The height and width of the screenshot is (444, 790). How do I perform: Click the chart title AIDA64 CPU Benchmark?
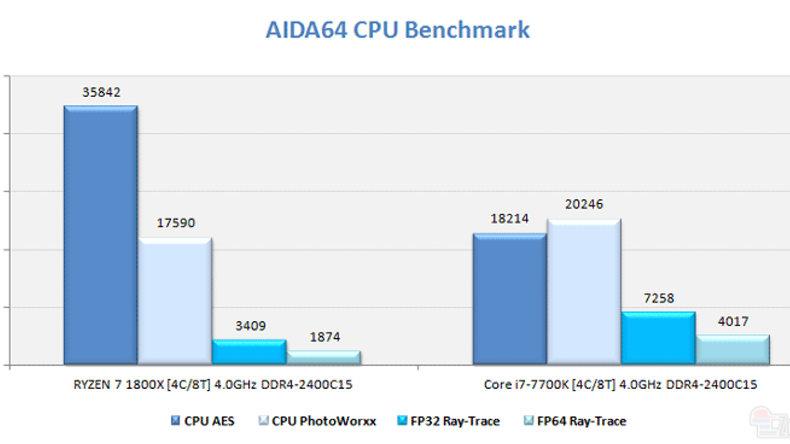click(x=397, y=30)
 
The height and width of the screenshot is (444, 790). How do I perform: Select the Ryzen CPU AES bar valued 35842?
click(x=101, y=235)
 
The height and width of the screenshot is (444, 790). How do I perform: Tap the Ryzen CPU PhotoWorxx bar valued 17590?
click(x=175, y=301)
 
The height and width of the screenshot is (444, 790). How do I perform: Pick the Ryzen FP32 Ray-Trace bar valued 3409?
click(x=249, y=352)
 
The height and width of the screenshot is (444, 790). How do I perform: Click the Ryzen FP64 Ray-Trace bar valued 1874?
click(x=324, y=358)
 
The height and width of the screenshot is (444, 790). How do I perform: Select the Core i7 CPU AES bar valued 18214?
click(x=510, y=299)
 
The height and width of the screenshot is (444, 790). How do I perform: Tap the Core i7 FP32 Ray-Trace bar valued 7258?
click(x=659, y=338)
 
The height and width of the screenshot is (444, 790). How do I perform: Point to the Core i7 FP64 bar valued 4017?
click(x=733, y=350)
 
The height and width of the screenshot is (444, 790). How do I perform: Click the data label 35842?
click(x=101, y=92)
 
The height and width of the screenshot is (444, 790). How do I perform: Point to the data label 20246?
click(x=584, y=204)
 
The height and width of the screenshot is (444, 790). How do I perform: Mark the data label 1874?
click(x=325, y=337)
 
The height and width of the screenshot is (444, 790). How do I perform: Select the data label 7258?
click(x=659, y=298)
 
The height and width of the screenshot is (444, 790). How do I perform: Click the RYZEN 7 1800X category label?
click(x=213, y=385)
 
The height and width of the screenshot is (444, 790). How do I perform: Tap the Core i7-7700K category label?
click(x=620, y=385)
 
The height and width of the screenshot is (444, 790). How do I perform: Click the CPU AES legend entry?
click(x=203, y=421)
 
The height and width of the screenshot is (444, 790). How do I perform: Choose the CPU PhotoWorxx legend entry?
click(x=317, y=421)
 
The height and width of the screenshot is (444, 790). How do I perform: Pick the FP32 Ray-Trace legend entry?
click(x=449, y=421)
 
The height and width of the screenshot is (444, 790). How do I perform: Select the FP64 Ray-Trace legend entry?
click(x=575, y=421)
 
